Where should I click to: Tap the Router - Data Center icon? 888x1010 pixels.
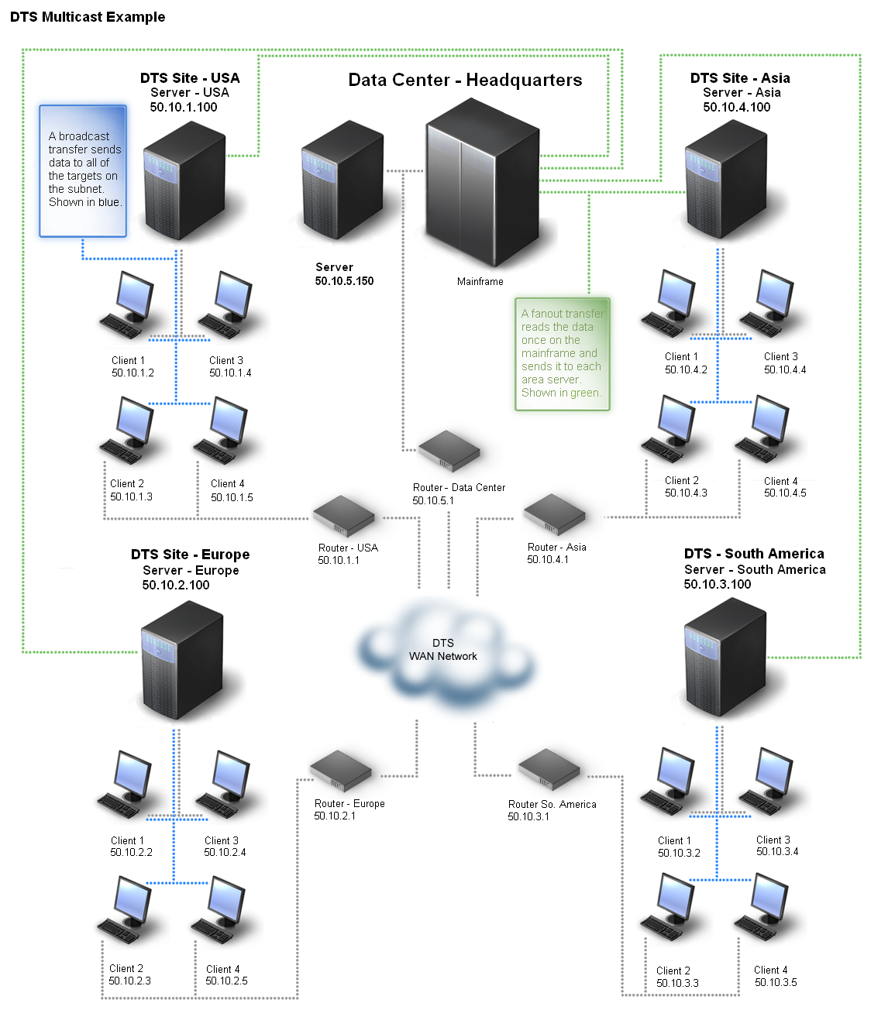[x=449, y=452]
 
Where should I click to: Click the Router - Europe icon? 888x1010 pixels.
[x=340, y=771]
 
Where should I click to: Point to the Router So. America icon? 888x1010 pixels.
[x=549, y=769]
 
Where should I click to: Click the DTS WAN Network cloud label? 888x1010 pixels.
[x=443, y=650]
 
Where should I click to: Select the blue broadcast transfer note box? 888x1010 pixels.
[x=83, y=170]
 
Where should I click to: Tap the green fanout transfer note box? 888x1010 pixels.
[x=563, y=353]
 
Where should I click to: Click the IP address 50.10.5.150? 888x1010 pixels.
[x=344, y=281]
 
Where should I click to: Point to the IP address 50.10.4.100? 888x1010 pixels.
[x=737, y=108]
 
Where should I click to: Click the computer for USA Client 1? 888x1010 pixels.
[x=128, y=306]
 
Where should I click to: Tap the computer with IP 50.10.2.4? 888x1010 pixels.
[x=224, y=785]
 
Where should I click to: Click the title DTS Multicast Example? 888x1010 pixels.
[x=88, y=17]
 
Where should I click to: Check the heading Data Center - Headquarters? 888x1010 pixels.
[x=465, y=81]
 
